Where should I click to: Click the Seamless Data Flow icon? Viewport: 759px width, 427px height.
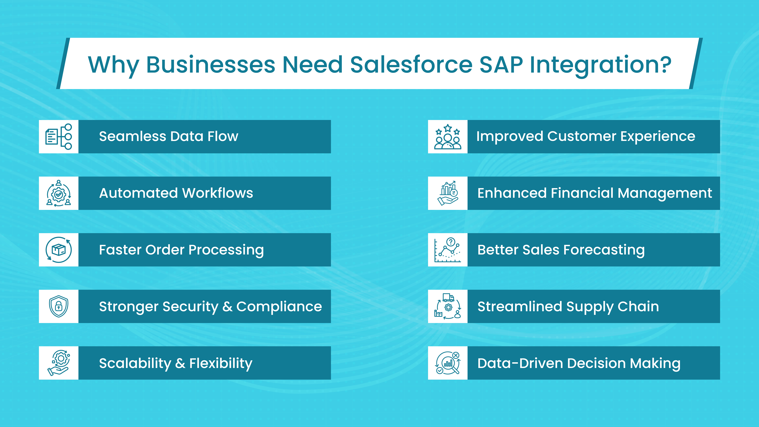click(59, 137)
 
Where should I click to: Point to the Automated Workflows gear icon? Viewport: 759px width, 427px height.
click(59, 193)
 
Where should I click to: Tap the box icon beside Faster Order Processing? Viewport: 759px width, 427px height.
click(59, 250)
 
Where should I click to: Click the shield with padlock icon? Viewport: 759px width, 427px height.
click(59, 306)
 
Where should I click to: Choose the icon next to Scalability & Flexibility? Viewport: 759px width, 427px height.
click(59, 363)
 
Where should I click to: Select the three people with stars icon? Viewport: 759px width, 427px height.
click(448, 137)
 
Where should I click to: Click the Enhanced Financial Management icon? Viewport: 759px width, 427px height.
click(448, 193)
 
